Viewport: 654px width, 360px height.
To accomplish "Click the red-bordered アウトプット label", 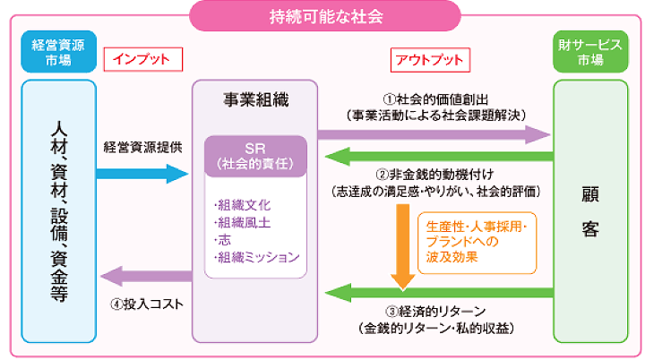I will pyautogui.click(x=429, y=60).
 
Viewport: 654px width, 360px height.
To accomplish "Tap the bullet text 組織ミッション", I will pyautogui.click(x=257, y=258).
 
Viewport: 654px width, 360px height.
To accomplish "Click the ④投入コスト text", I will pyautogui.click(x=148, y=304).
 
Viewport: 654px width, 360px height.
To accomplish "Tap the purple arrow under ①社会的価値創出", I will pyautogui.click(x=435, y=134).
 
